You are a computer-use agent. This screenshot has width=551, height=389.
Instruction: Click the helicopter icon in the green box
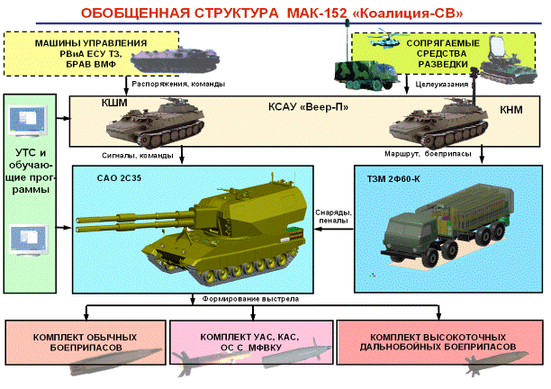(385, 41)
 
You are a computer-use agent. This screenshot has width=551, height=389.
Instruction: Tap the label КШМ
(114, 103)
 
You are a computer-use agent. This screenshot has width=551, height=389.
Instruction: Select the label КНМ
(511, 110)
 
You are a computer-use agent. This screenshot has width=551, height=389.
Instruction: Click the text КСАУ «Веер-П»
(308, 107)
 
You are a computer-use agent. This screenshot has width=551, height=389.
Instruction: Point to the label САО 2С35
(119, 177)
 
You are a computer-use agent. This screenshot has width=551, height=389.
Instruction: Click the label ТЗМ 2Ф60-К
(393, 179)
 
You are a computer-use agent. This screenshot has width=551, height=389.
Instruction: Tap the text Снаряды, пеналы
(333, 216)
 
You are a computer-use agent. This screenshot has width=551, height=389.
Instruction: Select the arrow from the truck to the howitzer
(334, 229)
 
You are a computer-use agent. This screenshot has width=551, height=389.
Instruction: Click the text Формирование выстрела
(250, 299)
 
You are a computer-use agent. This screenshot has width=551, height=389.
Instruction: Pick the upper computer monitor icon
(28, 121)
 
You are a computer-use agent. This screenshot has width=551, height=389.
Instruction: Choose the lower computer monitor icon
(29, 240)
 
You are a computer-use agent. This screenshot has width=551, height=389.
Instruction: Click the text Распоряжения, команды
(178, 84)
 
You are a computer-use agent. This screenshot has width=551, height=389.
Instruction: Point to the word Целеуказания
(442, 85)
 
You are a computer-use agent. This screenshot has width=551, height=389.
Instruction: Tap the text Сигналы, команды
(138, 155)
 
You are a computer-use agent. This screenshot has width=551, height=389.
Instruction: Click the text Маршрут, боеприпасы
(428, 154)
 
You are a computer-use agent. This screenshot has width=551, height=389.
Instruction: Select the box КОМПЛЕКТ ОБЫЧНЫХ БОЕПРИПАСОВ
(86, 342)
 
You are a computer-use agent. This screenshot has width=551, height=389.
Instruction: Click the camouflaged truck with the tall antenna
(366, 75)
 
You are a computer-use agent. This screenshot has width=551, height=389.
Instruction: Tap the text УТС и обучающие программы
(31, 171)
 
